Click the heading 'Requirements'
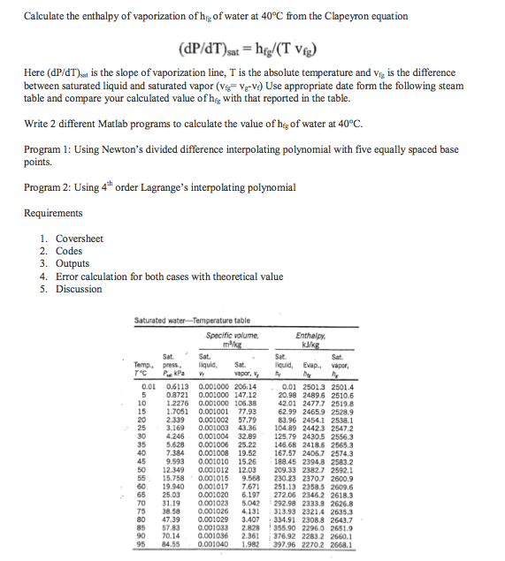[53, 214]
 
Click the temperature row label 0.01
[149, 386]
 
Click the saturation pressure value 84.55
[178, 546]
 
